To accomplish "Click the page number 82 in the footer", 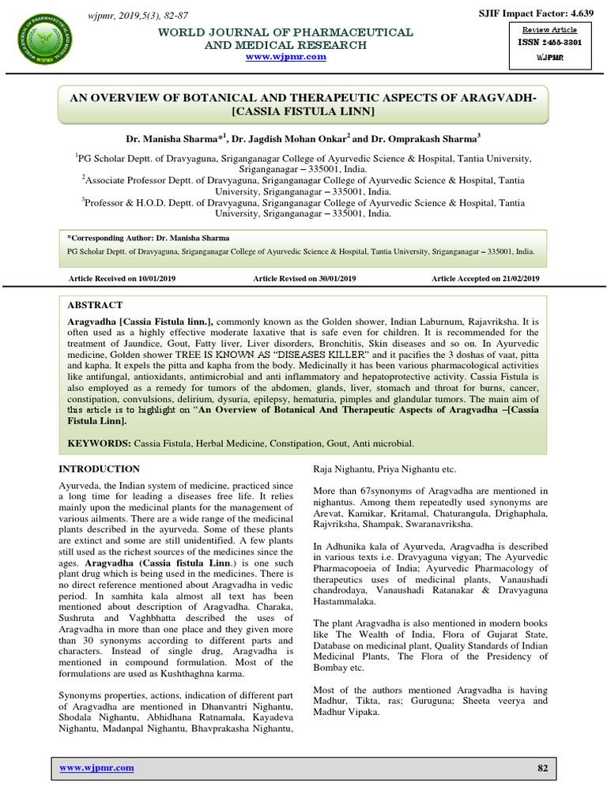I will pos(542,768).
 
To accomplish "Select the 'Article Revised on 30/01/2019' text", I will pos(304,279).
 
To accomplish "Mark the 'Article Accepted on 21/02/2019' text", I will pos(485,279).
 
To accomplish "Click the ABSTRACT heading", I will pos(95,304).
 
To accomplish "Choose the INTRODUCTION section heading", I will pos(100,469).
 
